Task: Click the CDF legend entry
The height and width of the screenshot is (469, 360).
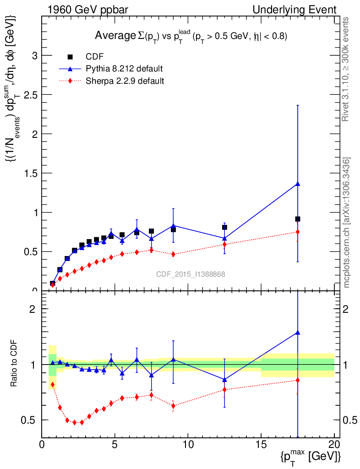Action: pyautogui.click(x=95, y=57)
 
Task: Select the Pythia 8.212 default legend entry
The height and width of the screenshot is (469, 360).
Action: pyautogui.click(x=124, y=69)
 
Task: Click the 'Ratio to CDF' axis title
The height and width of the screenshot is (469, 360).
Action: pyautogui.click(x=14, y=365)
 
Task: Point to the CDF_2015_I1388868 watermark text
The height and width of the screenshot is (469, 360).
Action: pyautogui.click(x=191, y=274)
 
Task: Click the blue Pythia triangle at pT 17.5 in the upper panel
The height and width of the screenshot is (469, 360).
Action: pyautogui.click(x=298, y=184)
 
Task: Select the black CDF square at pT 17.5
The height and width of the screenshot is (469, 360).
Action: pyautogui.click(x=298, y=219)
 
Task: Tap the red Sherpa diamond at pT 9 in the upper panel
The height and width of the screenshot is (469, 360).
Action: pyautogui.click(x=173, y=254)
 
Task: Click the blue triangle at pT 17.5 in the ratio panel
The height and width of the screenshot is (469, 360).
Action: pyautogui.click(x=298, y=333)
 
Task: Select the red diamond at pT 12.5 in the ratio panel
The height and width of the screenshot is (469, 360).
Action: pyautogui.click(x=224, y=389)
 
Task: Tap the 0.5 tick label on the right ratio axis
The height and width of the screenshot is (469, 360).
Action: pyautogui.click(x=349, y=420)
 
